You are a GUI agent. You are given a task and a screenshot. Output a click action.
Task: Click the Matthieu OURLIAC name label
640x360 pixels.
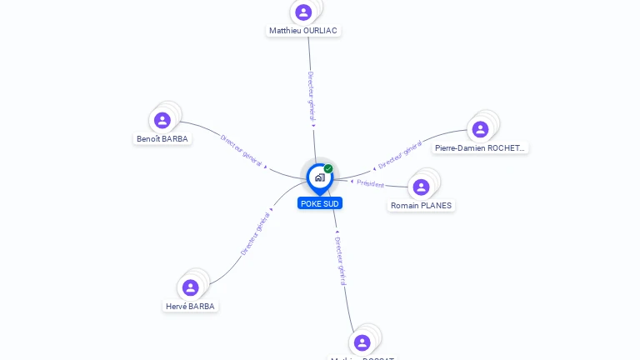[303, 31]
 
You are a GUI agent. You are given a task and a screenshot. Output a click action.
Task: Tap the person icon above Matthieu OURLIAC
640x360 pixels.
[303, 12]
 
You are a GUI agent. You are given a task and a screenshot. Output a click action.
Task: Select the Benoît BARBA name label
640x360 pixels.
[162, 139]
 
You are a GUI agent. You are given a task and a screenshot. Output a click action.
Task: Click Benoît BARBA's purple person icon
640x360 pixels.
[162, 120]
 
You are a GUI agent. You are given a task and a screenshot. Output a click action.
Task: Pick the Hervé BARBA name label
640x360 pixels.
[190, 306]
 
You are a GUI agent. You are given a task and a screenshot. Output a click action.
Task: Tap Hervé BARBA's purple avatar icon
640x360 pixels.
[190, 287]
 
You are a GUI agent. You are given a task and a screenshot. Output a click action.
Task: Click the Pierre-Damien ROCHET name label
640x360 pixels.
[480, 148]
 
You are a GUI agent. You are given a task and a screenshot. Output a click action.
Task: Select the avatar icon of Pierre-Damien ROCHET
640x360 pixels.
[480, 129]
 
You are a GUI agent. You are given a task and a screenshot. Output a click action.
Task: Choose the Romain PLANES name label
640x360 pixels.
[422, 205]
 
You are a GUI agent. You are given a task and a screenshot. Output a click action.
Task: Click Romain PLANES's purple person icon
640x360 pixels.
[422, 187]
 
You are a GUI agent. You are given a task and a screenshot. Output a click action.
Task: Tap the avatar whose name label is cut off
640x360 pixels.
[362, 342]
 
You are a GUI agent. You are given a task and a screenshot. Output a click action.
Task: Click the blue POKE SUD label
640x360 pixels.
[320, 203]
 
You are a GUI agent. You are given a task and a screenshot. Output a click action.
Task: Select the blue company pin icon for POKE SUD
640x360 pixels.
[319, 177]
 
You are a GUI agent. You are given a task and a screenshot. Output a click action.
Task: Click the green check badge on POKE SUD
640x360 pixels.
[328, 168]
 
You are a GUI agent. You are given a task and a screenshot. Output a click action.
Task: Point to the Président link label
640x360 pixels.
[371, 184]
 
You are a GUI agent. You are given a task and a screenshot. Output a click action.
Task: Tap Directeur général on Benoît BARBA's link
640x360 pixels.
[242, 149]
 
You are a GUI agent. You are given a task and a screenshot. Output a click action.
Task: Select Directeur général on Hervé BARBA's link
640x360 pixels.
[255, 233]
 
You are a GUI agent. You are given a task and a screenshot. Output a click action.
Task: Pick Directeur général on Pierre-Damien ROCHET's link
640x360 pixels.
[400, 155]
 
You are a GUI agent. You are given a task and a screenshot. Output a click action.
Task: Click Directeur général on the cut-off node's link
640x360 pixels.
[340, 260]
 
